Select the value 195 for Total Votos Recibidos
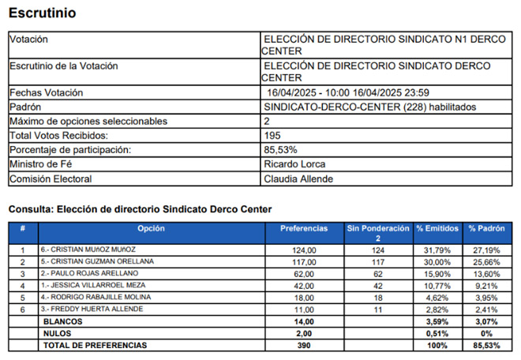point(273,136)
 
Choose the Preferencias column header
point(304,228)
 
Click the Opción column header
point(151,228)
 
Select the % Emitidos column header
point(437,228)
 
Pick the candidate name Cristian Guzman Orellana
point(97,261)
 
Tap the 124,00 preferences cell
point(304,249)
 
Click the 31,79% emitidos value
point(437,249)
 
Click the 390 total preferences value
point(304,345)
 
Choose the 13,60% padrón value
point(484,272)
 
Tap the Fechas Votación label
point(46,93)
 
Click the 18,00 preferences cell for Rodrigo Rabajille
point(304,297)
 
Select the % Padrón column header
point(484,228)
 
